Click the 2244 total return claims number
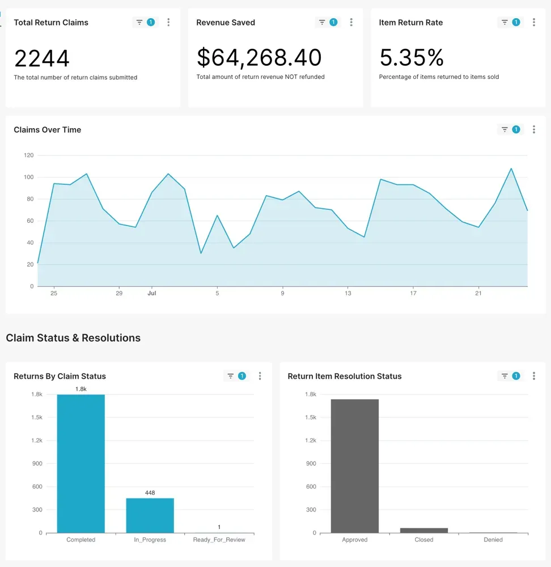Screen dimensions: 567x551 pos(42,58)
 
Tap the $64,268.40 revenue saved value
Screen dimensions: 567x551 pos(259,58)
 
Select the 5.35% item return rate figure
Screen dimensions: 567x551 pos(412,58)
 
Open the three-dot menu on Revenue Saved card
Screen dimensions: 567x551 pos(351,23)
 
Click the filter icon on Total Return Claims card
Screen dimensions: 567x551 pos(139,23)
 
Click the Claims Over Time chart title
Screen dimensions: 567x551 pos(48,130)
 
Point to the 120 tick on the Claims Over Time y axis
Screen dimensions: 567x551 pos(28,155)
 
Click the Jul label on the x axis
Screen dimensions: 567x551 pos(151,293)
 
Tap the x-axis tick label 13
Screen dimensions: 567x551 pos(348,293)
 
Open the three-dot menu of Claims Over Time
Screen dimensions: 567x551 pos(534,130)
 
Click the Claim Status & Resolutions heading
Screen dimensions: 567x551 pos(73,338)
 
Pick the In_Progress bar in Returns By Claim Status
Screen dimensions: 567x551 pos(150,515)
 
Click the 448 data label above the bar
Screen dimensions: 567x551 pos(150,493)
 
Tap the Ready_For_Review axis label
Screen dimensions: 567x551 pos(219,540)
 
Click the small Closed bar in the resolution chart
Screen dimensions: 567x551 pos(424,530)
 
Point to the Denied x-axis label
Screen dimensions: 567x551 pos(493,540)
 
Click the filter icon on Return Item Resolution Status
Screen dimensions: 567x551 pos(505,376)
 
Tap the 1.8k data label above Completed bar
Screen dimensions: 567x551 pos(81,389)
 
